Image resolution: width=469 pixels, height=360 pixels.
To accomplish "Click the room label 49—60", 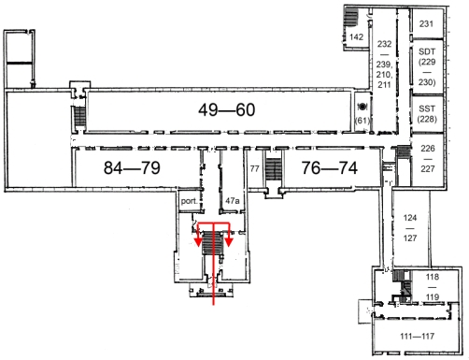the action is [x=227, y=109].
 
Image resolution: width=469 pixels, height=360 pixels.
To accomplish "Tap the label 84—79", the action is [x=132, y=167].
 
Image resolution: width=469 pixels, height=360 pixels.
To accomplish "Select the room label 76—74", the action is [x=330, y=168].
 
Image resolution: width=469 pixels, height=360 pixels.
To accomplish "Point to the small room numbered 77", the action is [x=254, y=168].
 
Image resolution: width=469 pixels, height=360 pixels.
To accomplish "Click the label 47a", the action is [x=233, y=201].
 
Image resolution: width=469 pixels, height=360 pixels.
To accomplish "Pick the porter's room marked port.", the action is [x=189, y=201].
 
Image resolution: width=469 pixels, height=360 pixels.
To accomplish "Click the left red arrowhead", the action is [x=198, y=242].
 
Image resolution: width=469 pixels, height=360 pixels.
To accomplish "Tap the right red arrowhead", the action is [x=229, y=242].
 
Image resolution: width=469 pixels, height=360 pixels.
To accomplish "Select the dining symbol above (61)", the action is [x=362, y=107].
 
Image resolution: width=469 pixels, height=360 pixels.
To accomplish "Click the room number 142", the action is [x=356, y=37].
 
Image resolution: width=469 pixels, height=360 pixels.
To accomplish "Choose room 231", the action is [x=426, y=23].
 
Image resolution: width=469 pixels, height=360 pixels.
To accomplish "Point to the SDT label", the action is [x=427, y=51].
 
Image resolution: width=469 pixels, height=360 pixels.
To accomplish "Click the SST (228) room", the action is [x=427, y=114].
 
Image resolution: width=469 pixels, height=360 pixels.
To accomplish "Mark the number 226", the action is [x=428, y=148].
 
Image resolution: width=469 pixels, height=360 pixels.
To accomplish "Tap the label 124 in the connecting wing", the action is [x=410, y=218].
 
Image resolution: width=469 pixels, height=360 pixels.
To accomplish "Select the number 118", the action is [x=433, y=277].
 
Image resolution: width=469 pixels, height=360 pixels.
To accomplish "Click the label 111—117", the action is [x=418, y=337].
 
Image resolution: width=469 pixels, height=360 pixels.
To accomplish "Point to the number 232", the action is [x=384, y=44].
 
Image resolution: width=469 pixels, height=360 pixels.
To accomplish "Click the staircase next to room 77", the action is [x=274, y=169].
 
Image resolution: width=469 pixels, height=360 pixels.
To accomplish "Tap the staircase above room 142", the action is [x=350, y=18].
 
